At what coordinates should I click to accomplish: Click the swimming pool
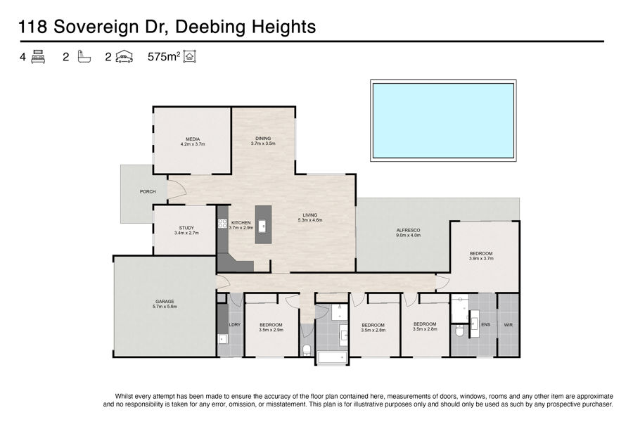pos(443,120)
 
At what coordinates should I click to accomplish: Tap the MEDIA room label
pos(193,139)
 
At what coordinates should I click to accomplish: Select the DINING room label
pos(263,138)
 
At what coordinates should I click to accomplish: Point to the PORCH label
pos(148,191)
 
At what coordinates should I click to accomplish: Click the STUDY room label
pos(186,228)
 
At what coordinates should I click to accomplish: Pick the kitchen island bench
pos(263,224)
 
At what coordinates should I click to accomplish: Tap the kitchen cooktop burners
pos(222,224)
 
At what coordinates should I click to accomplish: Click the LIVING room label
pos(310,215)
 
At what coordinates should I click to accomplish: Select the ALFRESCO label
pos(408,230)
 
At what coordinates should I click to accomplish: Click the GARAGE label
pos(165,301)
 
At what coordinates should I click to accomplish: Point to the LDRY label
pos(235,325)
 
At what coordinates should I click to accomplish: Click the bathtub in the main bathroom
pos(332,358)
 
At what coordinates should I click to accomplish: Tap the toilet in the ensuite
pos(459,330)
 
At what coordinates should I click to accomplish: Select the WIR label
pos(509,325)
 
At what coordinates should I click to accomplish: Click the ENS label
pos(485,324)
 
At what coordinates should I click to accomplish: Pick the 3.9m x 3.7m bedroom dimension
pos(481,258)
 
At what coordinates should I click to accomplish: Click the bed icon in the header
pos(38,56)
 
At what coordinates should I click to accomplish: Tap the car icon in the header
pos(124,57)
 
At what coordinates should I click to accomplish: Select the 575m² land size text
pos(164,56)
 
